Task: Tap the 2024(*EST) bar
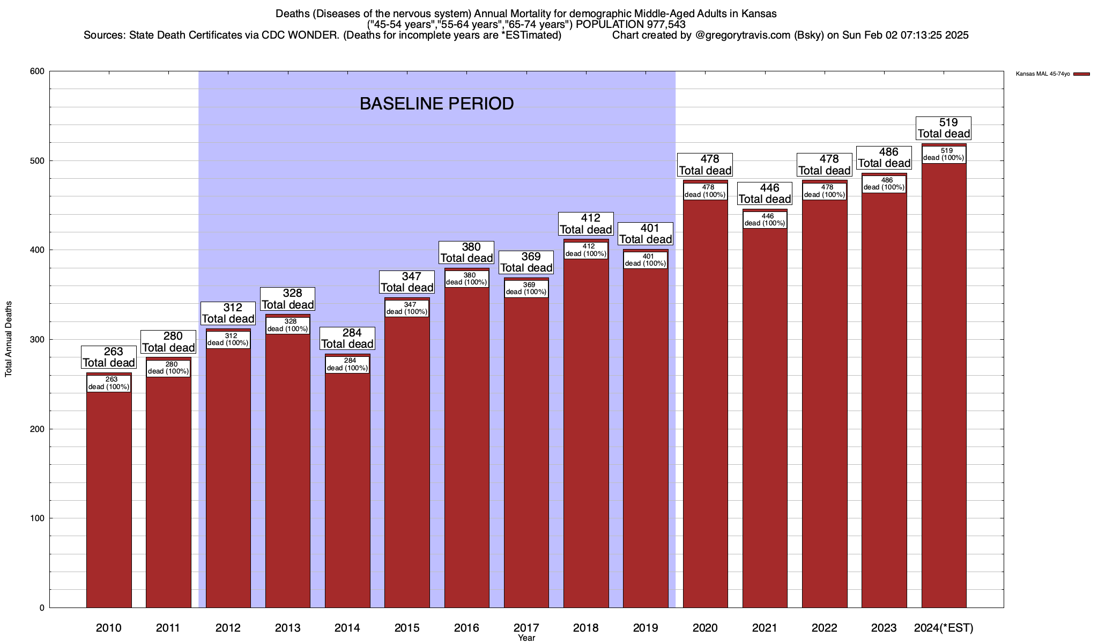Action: click(944, 386)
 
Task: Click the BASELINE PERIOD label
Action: click(436, 104)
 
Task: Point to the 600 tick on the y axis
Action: click(38, 71)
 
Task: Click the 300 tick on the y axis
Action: click(38, 340)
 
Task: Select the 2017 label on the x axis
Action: click(526, 627)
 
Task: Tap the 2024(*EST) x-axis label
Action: click(944, 627)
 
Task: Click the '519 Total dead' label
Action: click(944, 128)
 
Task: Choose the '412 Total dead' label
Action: click(586, 224)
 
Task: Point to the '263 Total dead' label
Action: click(109, 357)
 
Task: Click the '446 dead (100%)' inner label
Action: click(765, 219)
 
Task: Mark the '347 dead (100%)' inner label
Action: click(407, 308)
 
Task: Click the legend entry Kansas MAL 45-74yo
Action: click(1043, 74)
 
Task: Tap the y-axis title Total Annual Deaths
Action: click(9, 339)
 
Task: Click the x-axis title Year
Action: click(526, 638)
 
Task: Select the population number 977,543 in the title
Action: click(665, 24)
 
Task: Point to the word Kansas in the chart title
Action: click(759, 13)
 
